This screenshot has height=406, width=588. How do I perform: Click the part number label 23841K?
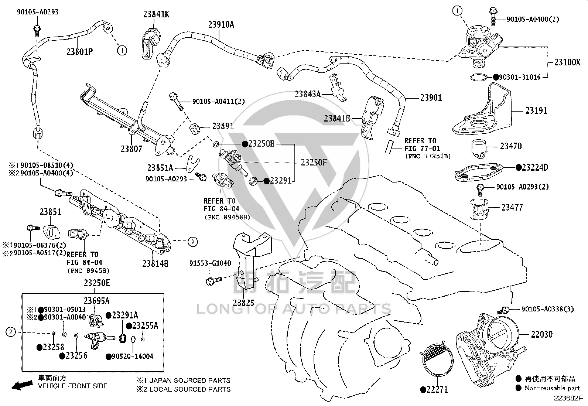(x=156, y=14)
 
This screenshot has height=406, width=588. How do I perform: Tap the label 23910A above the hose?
(x=221, y=25)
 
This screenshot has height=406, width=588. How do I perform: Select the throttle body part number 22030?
(x=542, y=334)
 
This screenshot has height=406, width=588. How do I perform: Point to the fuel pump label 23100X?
(x=567, y=62)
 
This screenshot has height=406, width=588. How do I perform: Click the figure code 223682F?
(x=568, y=398)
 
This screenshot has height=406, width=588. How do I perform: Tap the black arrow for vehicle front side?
(x=22, y=385)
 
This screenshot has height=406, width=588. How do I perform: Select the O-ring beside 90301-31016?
(x=478, y=77)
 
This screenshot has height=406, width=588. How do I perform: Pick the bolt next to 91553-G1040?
(x=214, y=281)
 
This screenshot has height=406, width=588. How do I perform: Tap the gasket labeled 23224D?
(x=479, y=172)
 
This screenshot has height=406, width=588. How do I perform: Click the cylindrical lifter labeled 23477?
(x=479, y=209)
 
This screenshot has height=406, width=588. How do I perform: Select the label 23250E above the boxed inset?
(x=97, y=283)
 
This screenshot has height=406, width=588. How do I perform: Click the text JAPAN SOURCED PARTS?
(x=190, y=381)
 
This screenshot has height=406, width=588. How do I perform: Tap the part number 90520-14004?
(x=133, y=356)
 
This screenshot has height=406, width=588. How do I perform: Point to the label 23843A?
(x=308, y=94)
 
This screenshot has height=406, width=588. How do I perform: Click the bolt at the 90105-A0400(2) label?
(x=493, y=17)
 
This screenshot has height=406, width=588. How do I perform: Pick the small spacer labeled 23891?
(x=195, y=128)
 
